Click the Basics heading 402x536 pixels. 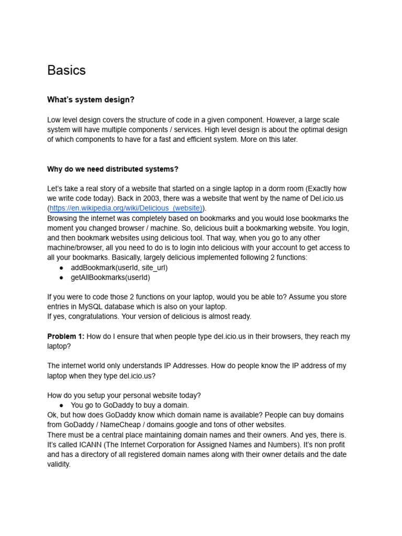point(66,70)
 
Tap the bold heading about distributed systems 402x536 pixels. point(113,169)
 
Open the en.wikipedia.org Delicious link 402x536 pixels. point(126,208)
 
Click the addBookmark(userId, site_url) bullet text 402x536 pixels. point(119,267)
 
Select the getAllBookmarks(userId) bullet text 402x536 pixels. point(110,277)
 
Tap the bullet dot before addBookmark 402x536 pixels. point(61,267)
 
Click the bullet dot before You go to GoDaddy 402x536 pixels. point(61,405)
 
